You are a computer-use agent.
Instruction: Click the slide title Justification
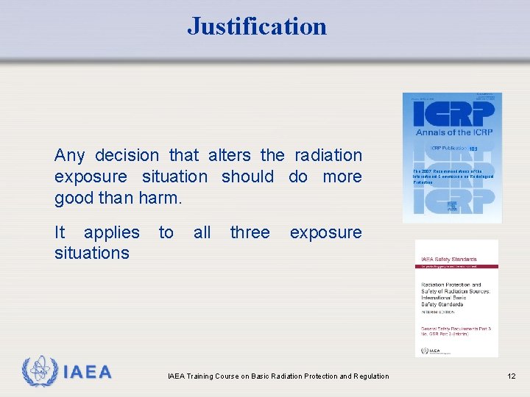[257, 26]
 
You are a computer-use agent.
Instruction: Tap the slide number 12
[511, 376]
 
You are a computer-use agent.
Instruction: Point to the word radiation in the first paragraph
[328, 155]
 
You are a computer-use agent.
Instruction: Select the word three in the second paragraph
[250, 232]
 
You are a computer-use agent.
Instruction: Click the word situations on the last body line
[92, 253]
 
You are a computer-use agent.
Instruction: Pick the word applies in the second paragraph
[111, 233]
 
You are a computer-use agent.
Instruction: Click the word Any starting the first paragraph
[70, 155]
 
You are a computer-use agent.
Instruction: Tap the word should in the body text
[247, 176]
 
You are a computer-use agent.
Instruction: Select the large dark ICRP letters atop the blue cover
[452, 113]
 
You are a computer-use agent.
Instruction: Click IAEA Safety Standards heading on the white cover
[448, 259]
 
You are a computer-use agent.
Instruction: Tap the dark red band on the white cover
[456, 265]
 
